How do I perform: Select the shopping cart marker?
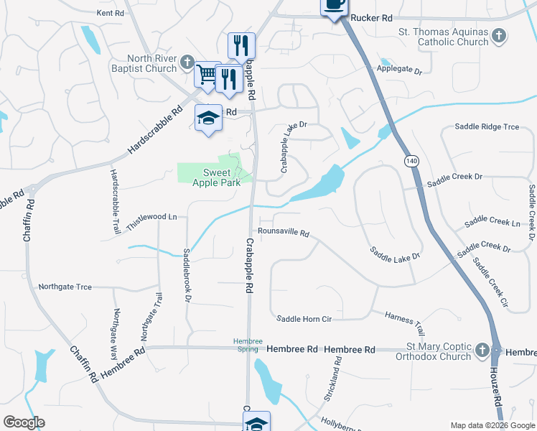[207, 74]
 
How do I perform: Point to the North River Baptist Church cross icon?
[187, 63]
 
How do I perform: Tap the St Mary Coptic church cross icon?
[482, 351]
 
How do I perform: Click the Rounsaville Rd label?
[284, 233]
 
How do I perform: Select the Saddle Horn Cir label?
[304, 318]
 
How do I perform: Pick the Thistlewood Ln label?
[151, 216]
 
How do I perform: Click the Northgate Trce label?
[65, 287]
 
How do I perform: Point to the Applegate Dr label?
[399, 70]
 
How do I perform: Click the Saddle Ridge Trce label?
[487, 127]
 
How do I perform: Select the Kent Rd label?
[110, 13]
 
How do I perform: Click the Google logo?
[24, 422]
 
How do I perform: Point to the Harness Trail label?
[405, 323]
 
